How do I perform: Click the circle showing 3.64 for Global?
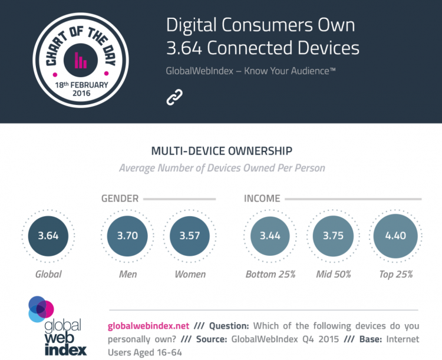point(48,236)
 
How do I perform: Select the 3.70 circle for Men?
point(127,236)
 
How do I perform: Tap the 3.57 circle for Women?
point(190,236)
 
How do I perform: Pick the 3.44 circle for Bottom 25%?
point(270,236)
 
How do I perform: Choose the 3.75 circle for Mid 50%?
point(332,236)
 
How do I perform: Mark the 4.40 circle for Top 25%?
point(395,236)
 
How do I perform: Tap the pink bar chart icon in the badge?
point(80,60)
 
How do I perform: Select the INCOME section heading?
point(262,199)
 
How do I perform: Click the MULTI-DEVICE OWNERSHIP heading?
point(222,150)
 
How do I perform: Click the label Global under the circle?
point(48,274)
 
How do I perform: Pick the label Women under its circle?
point(190,274)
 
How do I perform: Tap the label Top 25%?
point(395,274)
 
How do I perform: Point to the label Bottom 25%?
point(270,274)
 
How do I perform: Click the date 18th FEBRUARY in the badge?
point(80,85)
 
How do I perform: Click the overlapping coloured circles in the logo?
point(40,309)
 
